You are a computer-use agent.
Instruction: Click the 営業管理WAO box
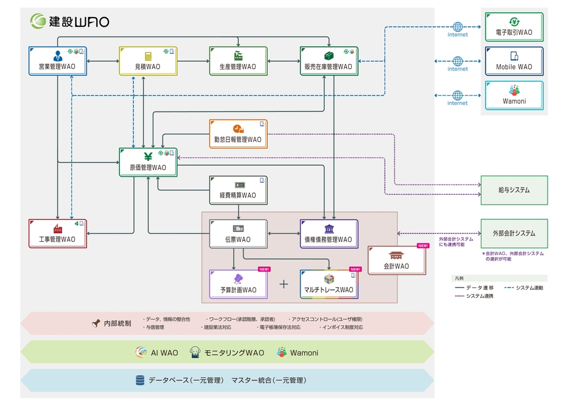tap(57, 61)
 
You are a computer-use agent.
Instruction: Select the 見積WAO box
tap(148, 61)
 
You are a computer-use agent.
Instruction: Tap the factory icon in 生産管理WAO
tap(238, 55)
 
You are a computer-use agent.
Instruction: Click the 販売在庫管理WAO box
tap(329, 61)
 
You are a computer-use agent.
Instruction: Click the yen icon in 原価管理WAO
tap(148, 155)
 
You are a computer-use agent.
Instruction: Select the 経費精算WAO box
tap(238, 190)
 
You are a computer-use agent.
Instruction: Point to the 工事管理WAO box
tap(57, 234)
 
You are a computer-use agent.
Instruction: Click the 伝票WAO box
tap(238, 234)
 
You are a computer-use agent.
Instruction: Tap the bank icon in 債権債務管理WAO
tap(329, 228)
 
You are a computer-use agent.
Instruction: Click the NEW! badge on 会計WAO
tap(423, 245)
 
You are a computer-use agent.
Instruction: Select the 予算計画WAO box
tap(238, 284)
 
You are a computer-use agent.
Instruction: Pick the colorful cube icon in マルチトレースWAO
tap(329, 279)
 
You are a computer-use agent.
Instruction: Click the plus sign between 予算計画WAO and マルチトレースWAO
tap(284, 284)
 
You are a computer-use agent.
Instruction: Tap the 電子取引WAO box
tap(514, 27)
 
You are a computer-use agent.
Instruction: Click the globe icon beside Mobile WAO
tap(458, 61)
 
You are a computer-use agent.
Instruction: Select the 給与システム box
tap(514, 190)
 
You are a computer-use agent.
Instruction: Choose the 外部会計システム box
tap(514, 233)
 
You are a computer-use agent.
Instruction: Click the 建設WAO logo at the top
tap(71, 21)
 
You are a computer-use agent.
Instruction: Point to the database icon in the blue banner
tap(139, 380)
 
